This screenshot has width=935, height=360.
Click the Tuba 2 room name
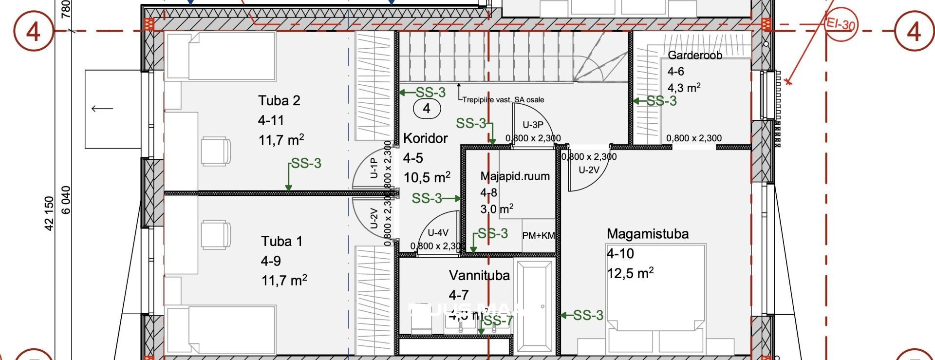tap(279, 101)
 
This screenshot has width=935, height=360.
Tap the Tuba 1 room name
tap(281, 241)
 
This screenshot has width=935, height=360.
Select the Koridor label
tap(425, 138)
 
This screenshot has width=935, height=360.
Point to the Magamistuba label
tap(647, 234)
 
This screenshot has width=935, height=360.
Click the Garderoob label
tap(694, 56)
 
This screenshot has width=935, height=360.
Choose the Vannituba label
tap(479, 275)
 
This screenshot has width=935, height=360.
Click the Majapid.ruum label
tap(515, 176)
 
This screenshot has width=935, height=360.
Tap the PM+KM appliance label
tap(538, 236)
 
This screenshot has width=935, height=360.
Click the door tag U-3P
tap(533, 125)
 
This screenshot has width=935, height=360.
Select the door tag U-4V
tap(438, 233)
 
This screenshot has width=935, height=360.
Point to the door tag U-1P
tap(374, 168)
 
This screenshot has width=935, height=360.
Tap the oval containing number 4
tap(427, 108)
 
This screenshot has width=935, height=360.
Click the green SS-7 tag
tap(498, 321)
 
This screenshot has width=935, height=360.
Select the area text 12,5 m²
tap(630, 273)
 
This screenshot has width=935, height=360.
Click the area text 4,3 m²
tap(684, 88)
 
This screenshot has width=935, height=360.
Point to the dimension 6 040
tap(66, 200)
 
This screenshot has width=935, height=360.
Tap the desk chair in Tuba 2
tap(215, 152)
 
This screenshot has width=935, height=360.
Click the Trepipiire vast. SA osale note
tap(503, 100)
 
